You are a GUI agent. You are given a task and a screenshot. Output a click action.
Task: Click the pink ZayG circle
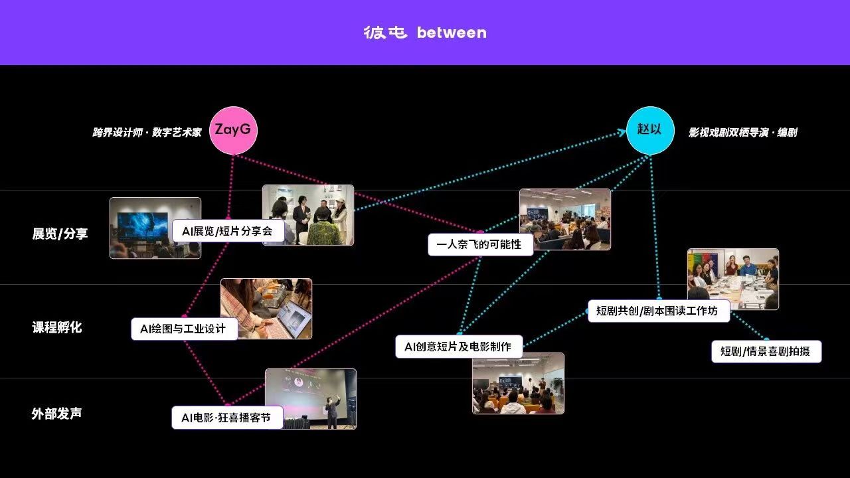tap(233, 130)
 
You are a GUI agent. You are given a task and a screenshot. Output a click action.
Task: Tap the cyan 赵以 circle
tap(650, 130)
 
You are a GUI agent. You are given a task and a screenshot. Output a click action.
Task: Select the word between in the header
tap(452, 33)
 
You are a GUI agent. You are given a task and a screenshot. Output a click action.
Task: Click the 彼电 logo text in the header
tap(385, 33)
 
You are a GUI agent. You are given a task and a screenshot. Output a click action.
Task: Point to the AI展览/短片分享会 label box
tap(228, 230)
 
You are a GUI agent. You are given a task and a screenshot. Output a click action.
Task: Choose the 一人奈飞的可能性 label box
tap(480, 244)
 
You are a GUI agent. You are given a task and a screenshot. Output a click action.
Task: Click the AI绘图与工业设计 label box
tap(185, 329)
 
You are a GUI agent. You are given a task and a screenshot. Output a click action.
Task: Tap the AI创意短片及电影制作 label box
tap(459, 347)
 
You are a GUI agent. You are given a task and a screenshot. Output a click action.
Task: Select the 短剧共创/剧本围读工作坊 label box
tap(659, 311)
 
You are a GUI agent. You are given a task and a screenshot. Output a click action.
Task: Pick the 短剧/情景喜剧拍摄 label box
tap(766, 351)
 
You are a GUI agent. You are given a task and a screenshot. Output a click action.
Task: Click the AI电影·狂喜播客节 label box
tap(227, 418)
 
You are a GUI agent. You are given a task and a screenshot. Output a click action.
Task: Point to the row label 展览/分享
tap(60, 234)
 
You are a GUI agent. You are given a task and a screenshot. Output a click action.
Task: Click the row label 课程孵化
tap(57, 327)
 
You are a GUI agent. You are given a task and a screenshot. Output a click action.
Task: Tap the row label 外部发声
tap(56, 414)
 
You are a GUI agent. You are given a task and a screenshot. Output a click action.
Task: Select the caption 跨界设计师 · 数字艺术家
tap(147, 132)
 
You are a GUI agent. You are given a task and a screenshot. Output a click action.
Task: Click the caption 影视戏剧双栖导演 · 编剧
tap(743, 132)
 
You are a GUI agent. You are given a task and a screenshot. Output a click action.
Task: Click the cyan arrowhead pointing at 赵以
tap(622, 132)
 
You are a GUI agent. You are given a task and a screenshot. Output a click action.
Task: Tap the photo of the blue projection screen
tap(155, 228)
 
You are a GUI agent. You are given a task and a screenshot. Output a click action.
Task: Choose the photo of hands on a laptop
tap(266, 309)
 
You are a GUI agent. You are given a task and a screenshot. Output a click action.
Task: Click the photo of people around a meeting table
tap(733, 279)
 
